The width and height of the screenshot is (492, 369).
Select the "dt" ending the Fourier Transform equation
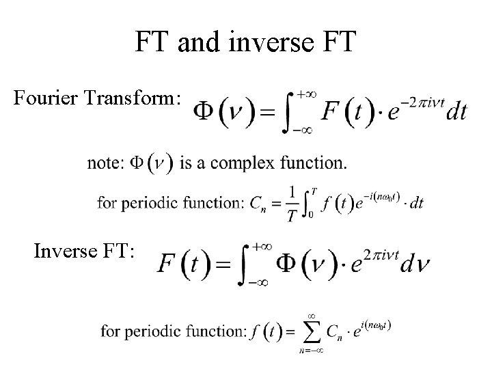coord(456,112)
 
